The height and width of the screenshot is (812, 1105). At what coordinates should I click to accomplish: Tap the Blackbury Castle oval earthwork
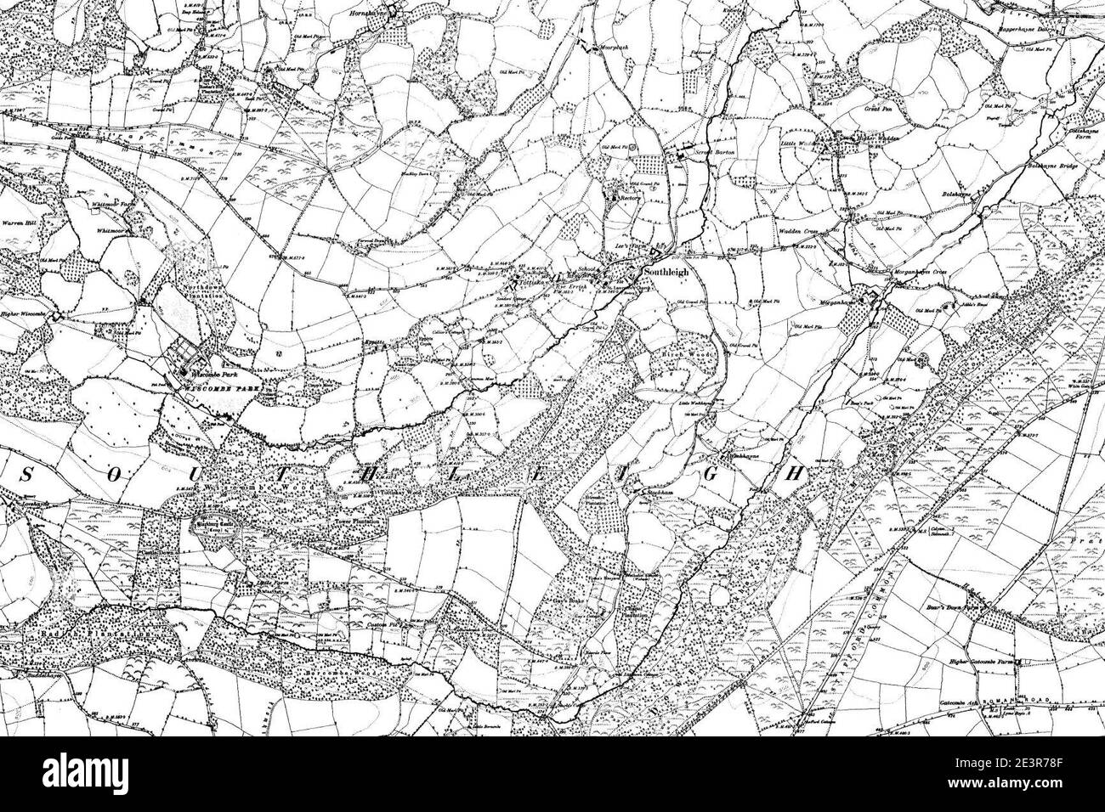coord(218,529)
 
